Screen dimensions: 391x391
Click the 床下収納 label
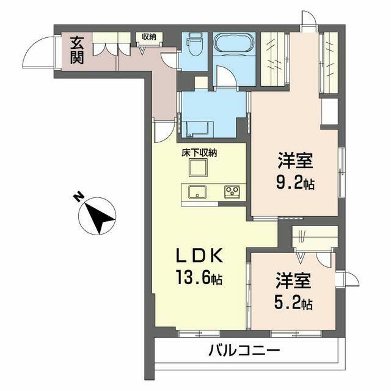[x=199, y=153]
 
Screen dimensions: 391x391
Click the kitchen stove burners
[x=233, y=192]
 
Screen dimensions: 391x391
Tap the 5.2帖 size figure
[x=294, y=303]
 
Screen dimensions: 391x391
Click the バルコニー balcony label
[x=244, y=351]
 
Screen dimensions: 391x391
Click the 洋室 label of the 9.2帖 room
[x=296, y=161]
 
